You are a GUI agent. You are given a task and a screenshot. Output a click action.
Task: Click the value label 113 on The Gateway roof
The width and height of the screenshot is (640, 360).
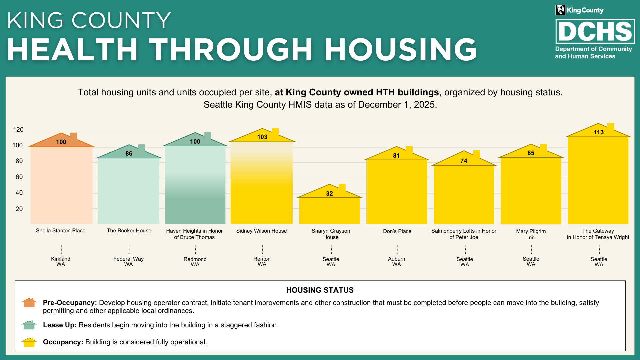pos(598,132)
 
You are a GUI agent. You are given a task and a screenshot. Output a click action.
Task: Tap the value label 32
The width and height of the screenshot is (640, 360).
pos(329,194)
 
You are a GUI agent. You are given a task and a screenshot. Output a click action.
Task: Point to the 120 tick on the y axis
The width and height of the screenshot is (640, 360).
pos(18,130)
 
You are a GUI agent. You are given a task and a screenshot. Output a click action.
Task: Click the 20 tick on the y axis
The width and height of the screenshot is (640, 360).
pos(19,209)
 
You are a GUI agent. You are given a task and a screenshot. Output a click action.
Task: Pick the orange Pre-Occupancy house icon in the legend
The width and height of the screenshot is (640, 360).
pos(29,303)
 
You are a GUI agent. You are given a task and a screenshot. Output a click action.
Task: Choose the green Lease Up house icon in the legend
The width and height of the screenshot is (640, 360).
pos(29,325)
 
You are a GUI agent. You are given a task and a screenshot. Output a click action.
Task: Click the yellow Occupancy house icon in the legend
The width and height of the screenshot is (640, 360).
pos(29,342)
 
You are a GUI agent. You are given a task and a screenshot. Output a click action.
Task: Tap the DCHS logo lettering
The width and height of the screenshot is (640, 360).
pos(595,31)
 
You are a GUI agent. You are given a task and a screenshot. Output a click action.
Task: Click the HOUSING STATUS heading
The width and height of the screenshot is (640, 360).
pos(320,290)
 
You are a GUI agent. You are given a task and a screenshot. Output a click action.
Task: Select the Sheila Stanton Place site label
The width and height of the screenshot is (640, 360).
pos(61,231)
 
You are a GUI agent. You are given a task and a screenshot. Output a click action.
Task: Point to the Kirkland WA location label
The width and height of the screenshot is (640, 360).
pos(61,262)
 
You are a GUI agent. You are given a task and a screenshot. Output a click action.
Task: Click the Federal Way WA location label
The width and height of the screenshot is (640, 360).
pos(128,262)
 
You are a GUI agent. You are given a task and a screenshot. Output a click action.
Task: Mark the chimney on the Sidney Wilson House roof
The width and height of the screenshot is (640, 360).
pos(275,132)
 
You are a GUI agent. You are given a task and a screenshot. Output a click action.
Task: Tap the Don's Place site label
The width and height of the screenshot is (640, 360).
pos(397,231)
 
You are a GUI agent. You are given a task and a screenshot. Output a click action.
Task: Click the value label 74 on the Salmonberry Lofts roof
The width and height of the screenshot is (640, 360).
pos(464,161)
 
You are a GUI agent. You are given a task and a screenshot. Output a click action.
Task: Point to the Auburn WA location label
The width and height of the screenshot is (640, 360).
pos(397,262)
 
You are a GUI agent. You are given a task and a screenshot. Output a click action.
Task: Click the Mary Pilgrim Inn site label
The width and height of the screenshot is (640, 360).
pos(531,234)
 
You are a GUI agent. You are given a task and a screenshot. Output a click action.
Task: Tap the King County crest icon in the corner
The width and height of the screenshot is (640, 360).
pos(560,10)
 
